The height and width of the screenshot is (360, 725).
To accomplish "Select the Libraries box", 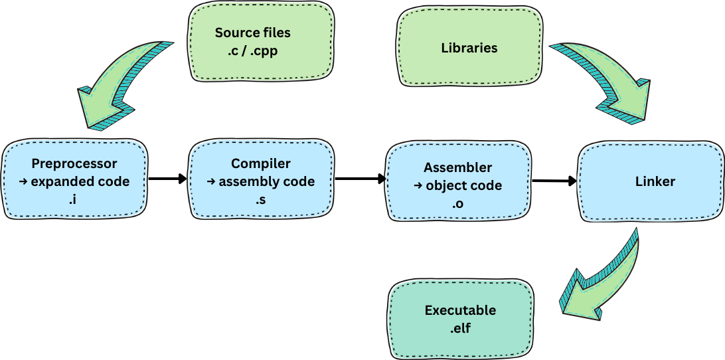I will tap(469, 48).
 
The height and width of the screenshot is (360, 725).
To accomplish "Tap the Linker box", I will tap(649, 181).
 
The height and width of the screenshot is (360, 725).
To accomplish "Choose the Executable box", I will tap(460, 318).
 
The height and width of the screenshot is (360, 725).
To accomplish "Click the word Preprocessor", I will tap(74, 163).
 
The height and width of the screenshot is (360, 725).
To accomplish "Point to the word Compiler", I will tap(261, 163).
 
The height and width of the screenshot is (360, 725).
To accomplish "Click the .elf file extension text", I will tap(460, 327).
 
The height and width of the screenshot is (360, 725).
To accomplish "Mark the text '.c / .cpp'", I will tap(252, 50).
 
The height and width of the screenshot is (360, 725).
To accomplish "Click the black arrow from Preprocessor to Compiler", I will tap(167, 178).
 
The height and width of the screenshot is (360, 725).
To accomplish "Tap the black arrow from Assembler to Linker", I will tap(554, 180).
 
